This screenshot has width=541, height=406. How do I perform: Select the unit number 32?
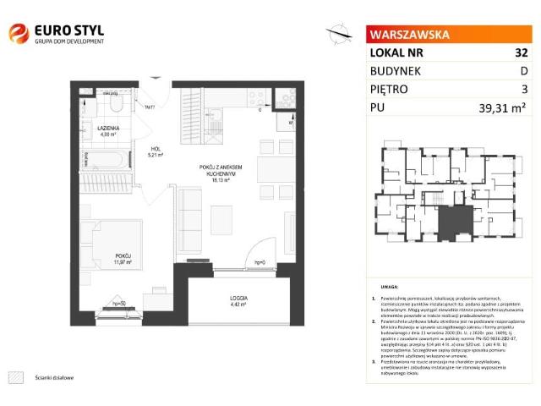[x=510, y=52]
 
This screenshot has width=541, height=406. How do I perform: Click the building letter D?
[x=512, y=70]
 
